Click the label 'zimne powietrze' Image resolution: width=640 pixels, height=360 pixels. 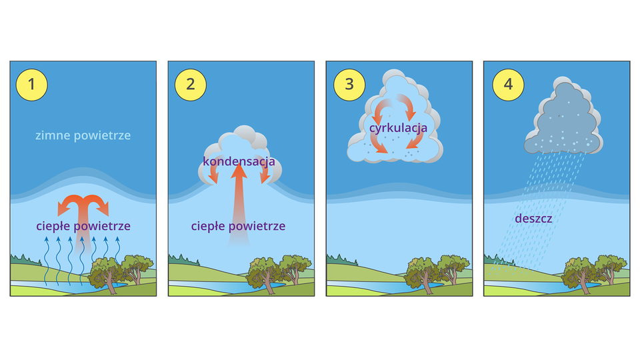[x=83, y=135]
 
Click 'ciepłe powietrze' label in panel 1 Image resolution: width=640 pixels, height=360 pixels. [x=83, y=226]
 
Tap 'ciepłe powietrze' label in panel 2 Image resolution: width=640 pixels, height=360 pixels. [x=238, y=226]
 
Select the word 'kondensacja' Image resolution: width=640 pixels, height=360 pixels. [x=239, y=161]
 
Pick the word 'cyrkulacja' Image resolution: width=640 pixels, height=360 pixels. [x=397, y=126]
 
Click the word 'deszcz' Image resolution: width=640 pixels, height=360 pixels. [x=533, y=218]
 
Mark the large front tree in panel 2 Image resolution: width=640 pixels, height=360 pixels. [x=263, y=273]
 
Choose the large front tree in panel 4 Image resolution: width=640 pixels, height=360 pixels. [x=579, y=273]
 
